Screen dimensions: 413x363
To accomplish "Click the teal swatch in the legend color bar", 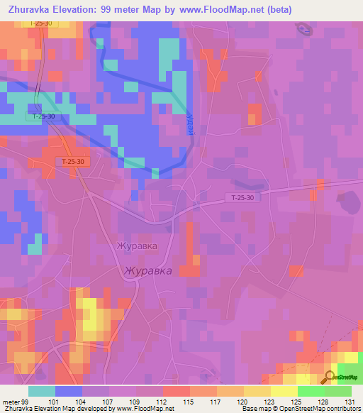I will (x=42, y=391).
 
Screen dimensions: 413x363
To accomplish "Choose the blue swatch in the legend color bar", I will (x=69, y=391).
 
